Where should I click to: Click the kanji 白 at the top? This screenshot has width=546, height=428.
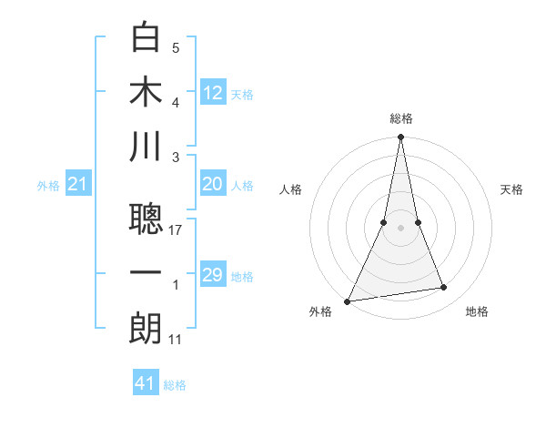coord(146,38)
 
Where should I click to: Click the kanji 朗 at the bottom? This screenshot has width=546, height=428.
coord(146,329)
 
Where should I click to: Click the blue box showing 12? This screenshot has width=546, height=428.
coord(213,93)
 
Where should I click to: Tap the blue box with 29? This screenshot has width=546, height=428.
coord(213,275)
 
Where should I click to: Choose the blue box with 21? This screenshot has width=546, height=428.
coord(78,185)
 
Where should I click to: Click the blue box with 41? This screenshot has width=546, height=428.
coord(146,383)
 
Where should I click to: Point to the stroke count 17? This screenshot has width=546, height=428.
coord(177,230)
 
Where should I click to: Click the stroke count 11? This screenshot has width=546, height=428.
coord(177,340)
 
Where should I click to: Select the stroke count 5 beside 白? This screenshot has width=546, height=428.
coord(176,48)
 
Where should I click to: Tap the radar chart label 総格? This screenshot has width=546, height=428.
coord(400,118)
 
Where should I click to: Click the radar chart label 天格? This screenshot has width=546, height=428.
coord(512,189)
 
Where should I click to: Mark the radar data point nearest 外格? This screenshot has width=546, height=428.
coord(348,301)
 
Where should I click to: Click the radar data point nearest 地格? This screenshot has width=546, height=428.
coord(444,288)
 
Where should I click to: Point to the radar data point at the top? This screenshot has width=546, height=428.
coord(400,138)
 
